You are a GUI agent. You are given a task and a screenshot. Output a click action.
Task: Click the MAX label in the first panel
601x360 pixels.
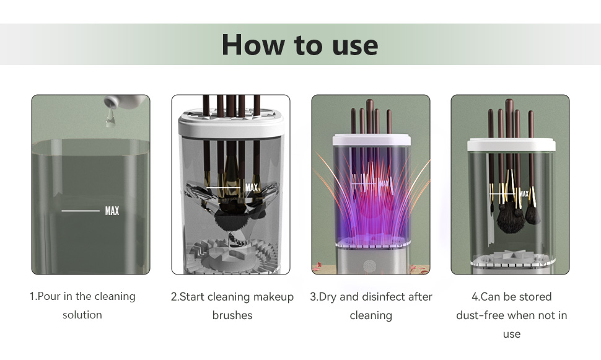[112, 211]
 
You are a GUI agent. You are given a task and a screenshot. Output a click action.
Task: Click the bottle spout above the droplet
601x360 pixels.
[110, 102]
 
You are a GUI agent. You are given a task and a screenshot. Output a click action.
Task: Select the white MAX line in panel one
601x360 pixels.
[81, 211]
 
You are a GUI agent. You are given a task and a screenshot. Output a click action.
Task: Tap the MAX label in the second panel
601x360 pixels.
[252, 188]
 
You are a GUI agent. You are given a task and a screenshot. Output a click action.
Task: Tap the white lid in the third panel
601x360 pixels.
[371, 140]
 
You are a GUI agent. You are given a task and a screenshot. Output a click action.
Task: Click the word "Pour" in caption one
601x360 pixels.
[49, 296]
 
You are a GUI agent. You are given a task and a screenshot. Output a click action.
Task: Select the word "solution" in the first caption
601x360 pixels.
[82, 315]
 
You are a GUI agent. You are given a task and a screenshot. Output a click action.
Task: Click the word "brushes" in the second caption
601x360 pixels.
[232, 315]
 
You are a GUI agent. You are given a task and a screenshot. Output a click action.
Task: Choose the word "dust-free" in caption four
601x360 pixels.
[478, 315]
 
